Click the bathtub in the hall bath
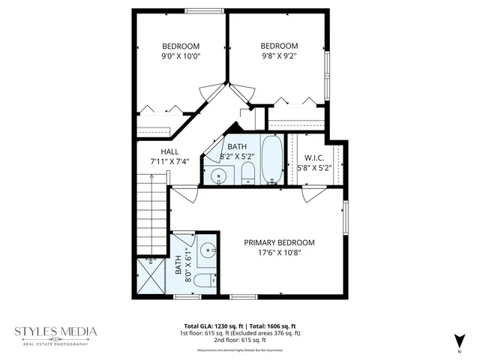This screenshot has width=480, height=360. (x=271, y=158)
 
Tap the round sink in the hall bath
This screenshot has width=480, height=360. (x=218, y=176)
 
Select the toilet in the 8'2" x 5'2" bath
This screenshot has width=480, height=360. (x=247, y=175)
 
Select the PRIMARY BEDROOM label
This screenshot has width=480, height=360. (x=279, y=243)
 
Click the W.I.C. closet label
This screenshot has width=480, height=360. (x=314, y=158)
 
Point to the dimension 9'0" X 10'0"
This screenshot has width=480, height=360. (x=180, y=55)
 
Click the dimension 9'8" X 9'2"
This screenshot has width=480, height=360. (x=279, y=55)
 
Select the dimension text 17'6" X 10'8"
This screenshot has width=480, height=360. (x=279, y=253)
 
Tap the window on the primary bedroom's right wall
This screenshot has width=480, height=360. (x=346, y=217)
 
